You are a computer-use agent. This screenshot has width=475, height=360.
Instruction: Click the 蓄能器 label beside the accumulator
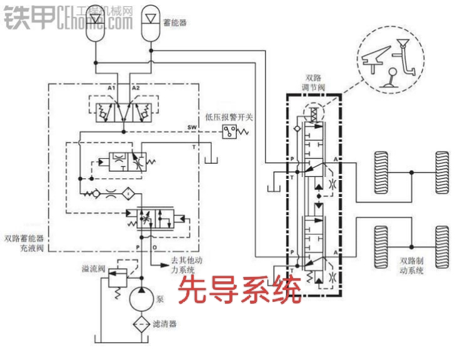pos(174,22)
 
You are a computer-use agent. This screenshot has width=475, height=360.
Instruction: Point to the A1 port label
pos(111,88)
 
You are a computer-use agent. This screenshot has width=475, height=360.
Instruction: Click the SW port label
pos(191,127)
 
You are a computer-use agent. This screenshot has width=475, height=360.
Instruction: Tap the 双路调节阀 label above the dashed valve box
pos(313,82)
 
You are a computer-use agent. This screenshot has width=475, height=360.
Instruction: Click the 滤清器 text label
pos(164,324)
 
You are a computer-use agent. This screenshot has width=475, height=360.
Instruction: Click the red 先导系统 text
pos(241,289)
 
